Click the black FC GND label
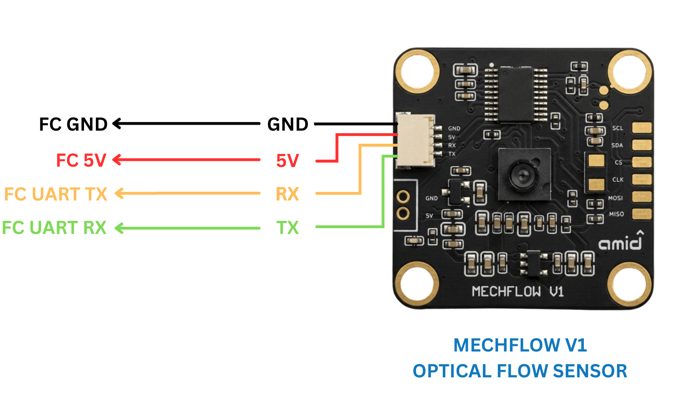(73, 124)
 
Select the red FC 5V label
(81, 160)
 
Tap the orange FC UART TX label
(56, 194)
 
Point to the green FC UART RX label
(54, 228)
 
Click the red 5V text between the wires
(288, 160)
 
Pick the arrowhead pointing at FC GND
(117, 124)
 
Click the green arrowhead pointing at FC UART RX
(119, 228)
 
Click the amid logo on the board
(621, 241)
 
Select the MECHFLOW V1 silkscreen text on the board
(518, 291)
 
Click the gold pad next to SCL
(642, 128)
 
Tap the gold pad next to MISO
(642, 214)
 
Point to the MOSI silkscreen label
(615, 198)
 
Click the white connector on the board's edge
(416, 140)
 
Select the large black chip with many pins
(516, 94)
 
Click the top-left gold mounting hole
(417, 71)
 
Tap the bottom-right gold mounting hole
(629, 284)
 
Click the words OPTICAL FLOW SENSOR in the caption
(520, 371)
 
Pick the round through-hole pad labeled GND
(403, 197)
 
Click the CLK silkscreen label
(618, 179)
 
